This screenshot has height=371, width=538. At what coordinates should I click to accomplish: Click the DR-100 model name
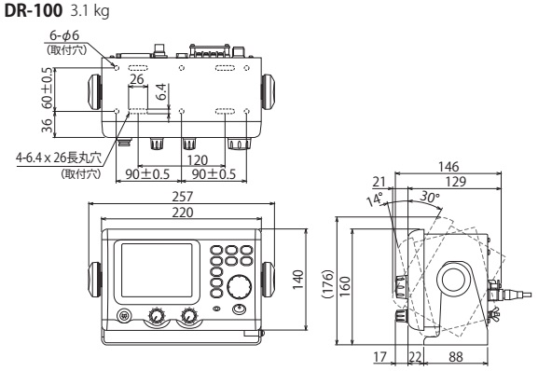30,10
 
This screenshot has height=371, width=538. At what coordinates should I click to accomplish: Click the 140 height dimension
299,282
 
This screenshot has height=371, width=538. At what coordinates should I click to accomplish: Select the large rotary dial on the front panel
241,286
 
